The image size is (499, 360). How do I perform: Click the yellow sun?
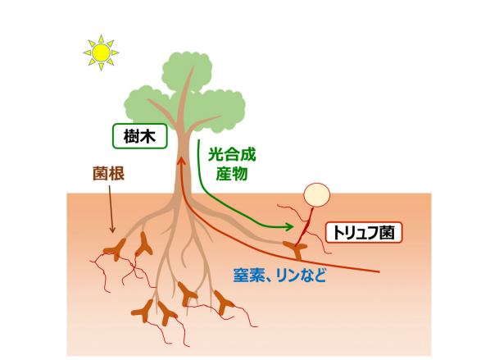point(102,52)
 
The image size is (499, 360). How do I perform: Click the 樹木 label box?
point(140,136)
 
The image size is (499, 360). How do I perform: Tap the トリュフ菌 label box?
point(364,233)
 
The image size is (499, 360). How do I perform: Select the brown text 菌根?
point(108,173)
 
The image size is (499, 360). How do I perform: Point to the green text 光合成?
point(232,155)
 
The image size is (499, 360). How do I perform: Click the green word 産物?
point(232,174)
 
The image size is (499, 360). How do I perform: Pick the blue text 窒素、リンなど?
point(279,275)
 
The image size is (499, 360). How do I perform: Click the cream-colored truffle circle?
point(316,195)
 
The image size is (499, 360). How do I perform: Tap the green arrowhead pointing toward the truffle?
point(289,227)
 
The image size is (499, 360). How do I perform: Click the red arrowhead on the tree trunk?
point(181,159)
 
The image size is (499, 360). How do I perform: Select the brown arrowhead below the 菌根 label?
point(112,230)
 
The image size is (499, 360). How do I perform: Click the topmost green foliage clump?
point(187,71)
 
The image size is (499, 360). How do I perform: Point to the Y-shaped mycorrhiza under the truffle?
point(296,249)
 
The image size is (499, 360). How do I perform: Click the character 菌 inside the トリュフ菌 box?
point(387,233)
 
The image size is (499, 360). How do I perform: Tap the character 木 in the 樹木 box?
point(148,136)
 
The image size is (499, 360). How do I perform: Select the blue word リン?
point(288,275)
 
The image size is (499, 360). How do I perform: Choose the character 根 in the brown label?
point(116,173)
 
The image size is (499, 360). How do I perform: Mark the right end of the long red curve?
point(379,271)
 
